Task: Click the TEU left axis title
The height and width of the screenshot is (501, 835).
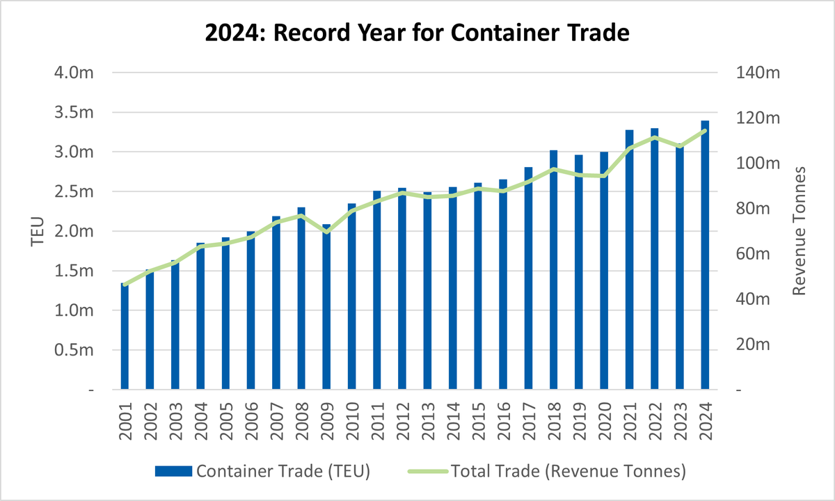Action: click(x=38, y=232)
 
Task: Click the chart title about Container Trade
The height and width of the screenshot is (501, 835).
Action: click(x=417, y=33)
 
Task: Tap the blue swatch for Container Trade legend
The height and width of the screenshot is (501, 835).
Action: click(x=173, y=471)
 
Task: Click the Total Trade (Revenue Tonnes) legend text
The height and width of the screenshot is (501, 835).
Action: click(x=568, y=471)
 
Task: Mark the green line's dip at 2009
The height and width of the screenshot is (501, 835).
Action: click(x=326, y=231)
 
